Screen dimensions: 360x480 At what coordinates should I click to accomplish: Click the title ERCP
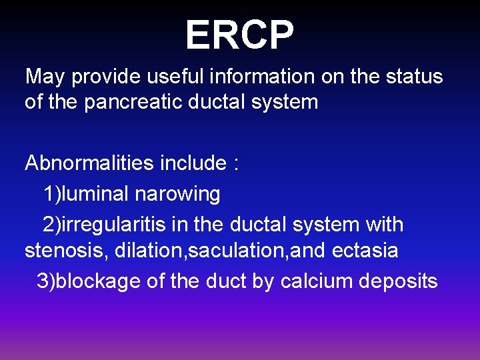(x=239, y=35)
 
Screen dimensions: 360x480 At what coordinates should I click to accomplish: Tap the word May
(x=45, y=77)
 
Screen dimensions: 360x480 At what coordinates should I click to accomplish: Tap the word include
(x=197, y=163)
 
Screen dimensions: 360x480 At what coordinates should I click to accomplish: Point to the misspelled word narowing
(x=177, y=195)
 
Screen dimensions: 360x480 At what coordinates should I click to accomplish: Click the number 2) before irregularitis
(x=51, y=225)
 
